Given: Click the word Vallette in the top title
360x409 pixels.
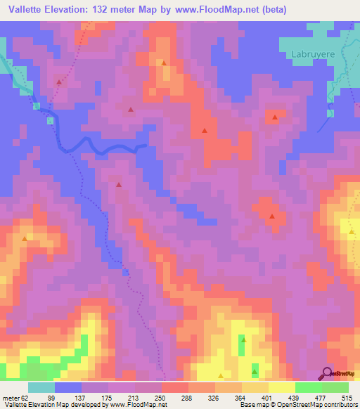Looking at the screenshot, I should coord(27,10).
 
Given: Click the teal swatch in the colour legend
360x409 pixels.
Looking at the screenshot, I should coord(41,388).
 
